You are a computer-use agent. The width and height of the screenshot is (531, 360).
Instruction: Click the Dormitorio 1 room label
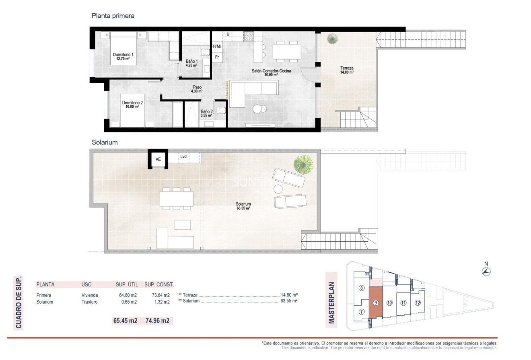coord(123,56)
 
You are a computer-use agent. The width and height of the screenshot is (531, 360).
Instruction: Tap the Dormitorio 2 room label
coord(132,105)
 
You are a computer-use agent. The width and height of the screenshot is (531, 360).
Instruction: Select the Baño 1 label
coord(191,63)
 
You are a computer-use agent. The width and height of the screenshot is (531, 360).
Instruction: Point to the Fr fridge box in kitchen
coord(217,57)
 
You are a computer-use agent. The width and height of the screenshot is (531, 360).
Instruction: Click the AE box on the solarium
coord(158,159)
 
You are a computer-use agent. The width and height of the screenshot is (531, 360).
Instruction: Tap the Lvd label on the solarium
coord(183,157)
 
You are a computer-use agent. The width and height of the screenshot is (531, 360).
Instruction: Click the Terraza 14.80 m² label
coord(346,70)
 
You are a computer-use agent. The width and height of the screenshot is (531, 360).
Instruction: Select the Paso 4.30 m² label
coord(197,89)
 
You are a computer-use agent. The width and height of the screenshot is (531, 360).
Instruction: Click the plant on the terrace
coord(332,39)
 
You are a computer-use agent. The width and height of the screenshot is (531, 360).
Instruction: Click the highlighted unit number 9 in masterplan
coord(375,303)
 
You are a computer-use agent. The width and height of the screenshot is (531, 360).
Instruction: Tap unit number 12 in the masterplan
coord(418,303)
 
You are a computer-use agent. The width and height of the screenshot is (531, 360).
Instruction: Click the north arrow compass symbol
coord(486,272)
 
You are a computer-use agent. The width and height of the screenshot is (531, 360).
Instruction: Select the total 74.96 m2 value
coord(159,321)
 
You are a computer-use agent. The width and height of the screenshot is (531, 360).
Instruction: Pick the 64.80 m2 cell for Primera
coord(127,295)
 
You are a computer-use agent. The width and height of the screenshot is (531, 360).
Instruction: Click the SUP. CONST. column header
coord(159,284)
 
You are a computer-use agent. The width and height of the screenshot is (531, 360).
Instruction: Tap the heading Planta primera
coord(113,16)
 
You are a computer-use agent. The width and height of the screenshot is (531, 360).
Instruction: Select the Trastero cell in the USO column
coord(89,302)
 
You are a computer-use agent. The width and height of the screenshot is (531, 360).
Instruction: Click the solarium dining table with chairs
coord(176,198)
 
